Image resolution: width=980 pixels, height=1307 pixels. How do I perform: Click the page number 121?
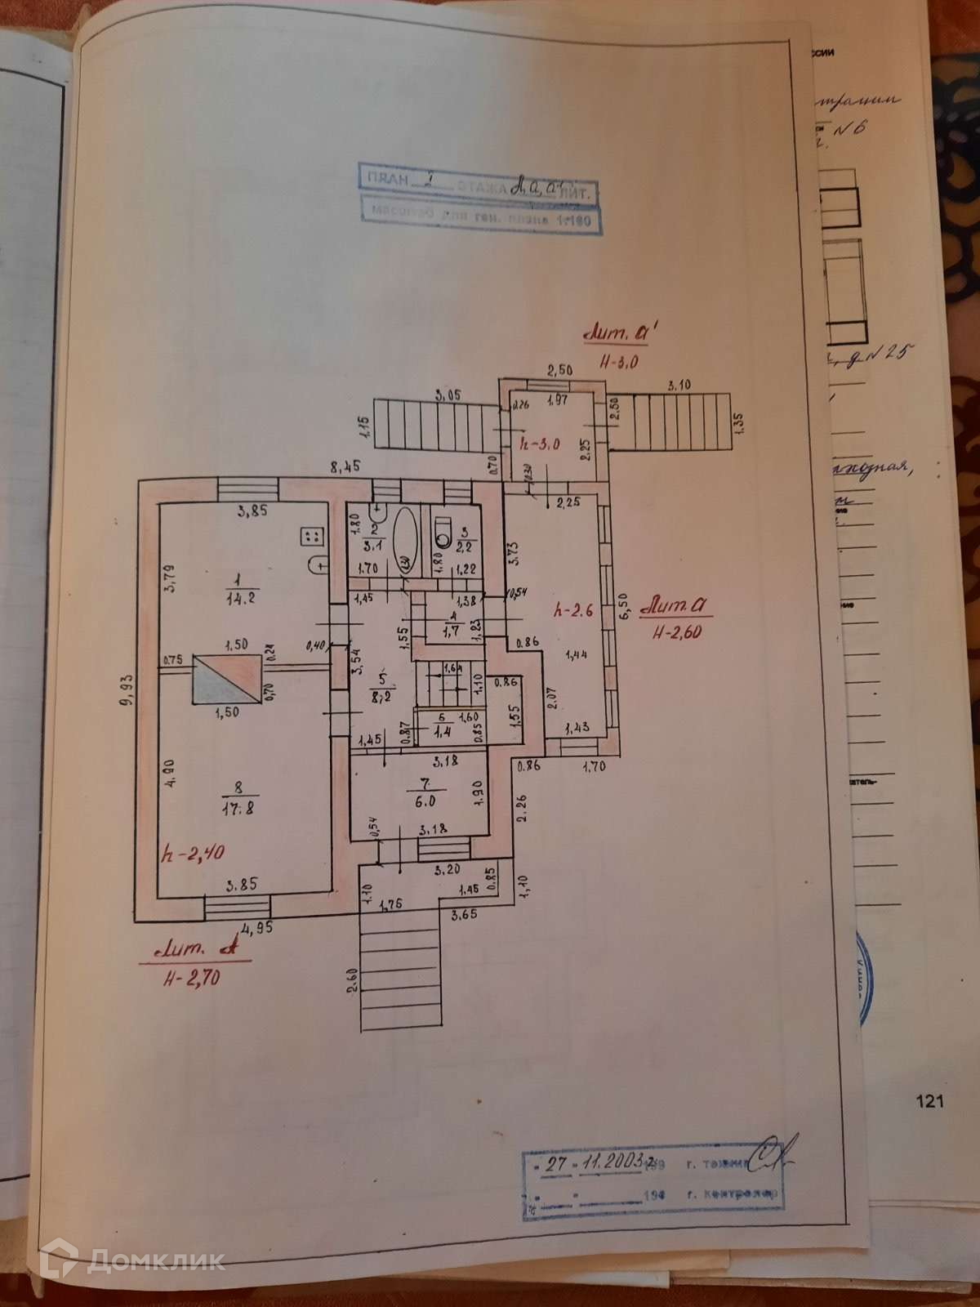930,1101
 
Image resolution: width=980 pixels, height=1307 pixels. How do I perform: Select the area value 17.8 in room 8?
239,807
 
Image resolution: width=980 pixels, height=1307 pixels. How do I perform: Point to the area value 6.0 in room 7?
425,801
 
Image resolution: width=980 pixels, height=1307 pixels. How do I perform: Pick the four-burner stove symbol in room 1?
312,537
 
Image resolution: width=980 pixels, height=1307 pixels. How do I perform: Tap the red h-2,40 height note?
194,854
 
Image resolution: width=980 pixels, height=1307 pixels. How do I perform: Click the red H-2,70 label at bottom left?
191,979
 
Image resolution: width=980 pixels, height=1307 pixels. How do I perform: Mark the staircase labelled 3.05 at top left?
433,423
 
